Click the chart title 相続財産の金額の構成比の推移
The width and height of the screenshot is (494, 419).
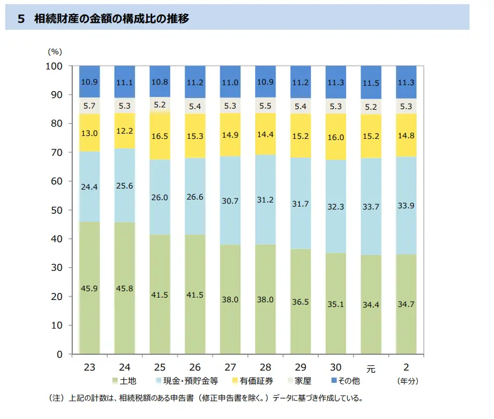point(111,19)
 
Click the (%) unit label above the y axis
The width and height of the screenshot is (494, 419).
point(54,51)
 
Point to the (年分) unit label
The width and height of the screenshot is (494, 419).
point(407,381)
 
